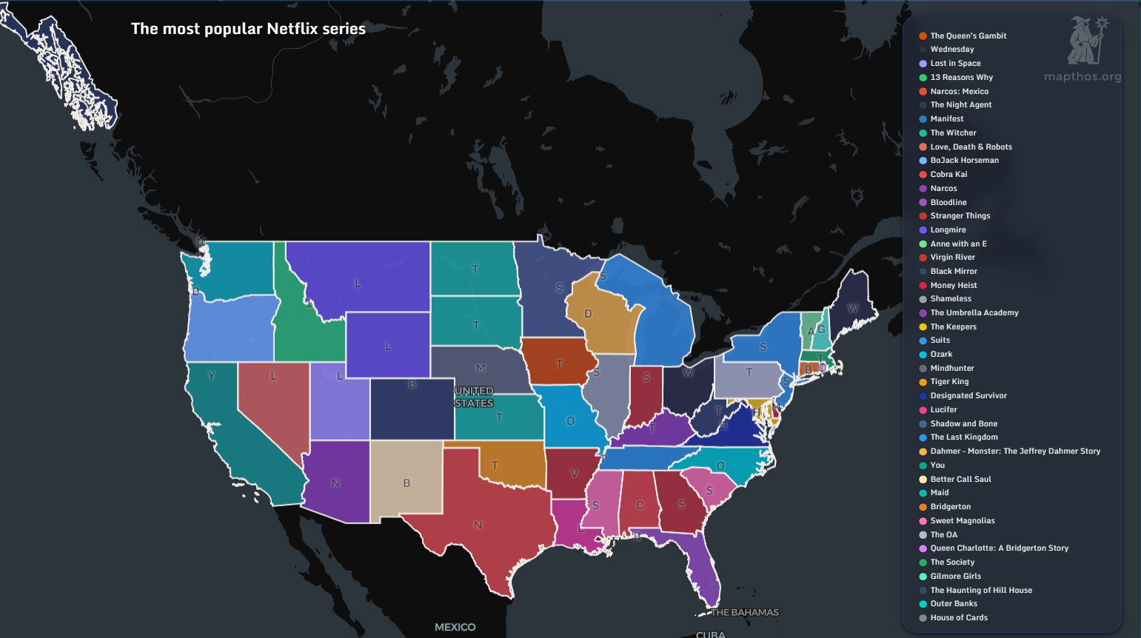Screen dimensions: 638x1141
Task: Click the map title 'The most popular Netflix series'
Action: click(248, 29)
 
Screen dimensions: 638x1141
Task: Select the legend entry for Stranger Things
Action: click(960, 216)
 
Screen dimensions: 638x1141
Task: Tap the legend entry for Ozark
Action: click(941, 355)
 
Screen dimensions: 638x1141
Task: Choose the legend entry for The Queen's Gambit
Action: click(968, 36)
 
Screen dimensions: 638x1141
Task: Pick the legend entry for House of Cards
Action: click(958, 618)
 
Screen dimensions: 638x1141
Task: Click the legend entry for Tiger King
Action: click(949, 382)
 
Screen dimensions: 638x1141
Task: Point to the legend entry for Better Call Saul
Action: click(960, 480)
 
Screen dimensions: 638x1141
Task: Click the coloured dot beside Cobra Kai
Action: click(923, 175)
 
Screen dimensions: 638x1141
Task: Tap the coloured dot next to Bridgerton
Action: click(923, 507)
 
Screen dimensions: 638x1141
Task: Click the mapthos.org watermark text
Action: click(1082, 77)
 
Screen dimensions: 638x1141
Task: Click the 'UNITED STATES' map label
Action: click(474, 397)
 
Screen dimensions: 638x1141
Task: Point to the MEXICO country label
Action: click(455, 627)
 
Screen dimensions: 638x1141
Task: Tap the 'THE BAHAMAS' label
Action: click(745, 612)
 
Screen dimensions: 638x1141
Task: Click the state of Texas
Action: click(474, 518)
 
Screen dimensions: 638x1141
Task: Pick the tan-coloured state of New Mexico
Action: click(406, 477)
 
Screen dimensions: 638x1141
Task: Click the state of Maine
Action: click(851, 303)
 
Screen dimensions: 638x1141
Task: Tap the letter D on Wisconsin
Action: click(588, 314)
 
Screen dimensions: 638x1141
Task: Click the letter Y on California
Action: click(212, 376)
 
